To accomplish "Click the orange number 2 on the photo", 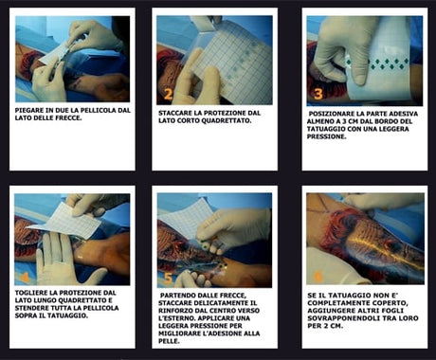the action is point(169,94).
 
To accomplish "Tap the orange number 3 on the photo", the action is point(318,94).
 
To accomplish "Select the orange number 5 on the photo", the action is point(168,278).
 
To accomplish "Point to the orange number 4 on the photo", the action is point(25,277).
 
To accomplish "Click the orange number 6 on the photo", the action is point(318,277).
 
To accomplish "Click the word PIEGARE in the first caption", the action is point(27,111).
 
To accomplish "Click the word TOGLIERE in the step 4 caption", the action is point(28,293).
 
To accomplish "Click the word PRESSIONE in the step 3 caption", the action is point(326,136).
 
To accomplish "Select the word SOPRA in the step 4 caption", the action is point(26,315).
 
